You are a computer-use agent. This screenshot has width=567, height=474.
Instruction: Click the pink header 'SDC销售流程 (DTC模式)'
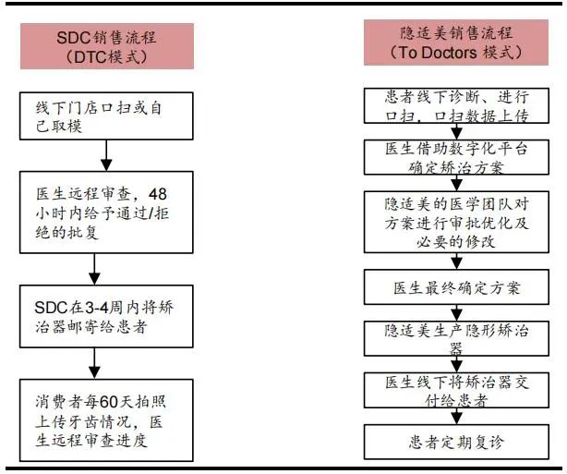(107, 46)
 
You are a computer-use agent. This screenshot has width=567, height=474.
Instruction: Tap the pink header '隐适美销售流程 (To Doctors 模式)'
(456, 43)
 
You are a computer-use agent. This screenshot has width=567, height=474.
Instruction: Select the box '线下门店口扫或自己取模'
(106, 115)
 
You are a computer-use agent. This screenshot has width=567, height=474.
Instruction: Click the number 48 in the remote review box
(158, 194)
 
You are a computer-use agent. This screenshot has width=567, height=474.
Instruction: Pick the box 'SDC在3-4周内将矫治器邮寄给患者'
(106, 316)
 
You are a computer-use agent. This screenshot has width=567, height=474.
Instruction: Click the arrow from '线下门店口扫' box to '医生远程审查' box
(106, 155)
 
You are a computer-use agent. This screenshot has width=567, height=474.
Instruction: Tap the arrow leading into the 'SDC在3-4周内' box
(94, 269)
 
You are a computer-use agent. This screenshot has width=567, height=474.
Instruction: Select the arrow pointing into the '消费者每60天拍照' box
(94, 363)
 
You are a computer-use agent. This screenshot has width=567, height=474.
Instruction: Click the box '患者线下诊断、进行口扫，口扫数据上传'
(456, 105)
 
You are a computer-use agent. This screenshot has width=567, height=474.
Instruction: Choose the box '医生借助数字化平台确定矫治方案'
(456, 157)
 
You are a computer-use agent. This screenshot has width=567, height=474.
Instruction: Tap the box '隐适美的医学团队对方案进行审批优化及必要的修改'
(456, 222)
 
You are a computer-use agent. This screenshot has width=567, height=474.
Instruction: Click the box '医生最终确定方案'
(456, 287)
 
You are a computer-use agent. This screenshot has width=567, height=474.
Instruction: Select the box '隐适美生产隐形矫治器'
(456, 338)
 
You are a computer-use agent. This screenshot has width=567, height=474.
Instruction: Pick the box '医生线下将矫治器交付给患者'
(456, 391)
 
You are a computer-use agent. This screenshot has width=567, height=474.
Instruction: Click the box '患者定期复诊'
(456, 442)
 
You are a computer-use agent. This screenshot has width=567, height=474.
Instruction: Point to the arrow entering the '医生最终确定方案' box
(457, 261)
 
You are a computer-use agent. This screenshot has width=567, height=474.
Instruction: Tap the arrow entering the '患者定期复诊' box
(457, 416)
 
